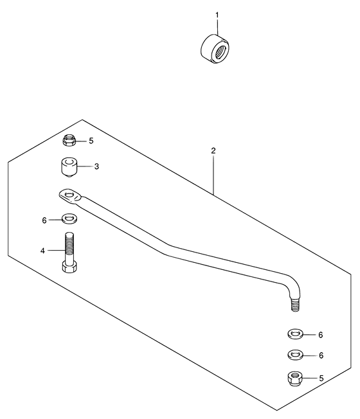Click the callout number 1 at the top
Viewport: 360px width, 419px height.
217,15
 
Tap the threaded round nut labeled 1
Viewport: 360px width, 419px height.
215,49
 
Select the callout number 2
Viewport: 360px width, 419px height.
213,151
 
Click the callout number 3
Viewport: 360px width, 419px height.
96,166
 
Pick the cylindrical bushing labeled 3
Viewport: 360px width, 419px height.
69,166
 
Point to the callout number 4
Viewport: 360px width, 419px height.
43,251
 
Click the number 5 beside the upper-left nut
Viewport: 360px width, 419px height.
91,141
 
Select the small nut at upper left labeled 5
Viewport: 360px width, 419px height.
69,140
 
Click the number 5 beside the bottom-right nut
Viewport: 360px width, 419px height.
321,379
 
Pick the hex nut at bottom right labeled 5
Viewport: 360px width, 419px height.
295,379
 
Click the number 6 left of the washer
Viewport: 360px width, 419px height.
44,220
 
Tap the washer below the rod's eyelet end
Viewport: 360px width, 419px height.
69,218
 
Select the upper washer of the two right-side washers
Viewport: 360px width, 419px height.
295,334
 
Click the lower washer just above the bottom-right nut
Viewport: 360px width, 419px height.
295,355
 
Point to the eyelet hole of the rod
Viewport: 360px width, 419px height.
69,194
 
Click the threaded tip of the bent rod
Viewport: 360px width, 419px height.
295,305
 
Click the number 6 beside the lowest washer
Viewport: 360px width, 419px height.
321,355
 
